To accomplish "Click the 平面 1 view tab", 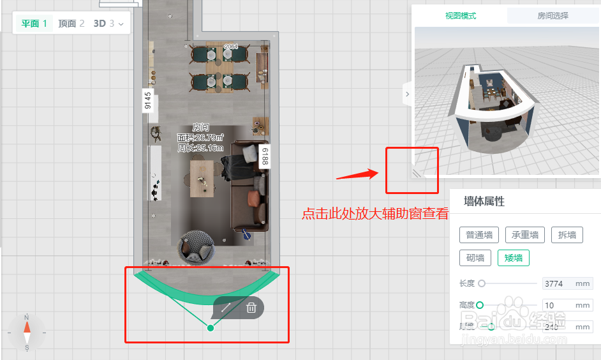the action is [x=34, y=24].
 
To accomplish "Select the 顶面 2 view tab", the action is [x=71, y=24].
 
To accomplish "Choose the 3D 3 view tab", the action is [x=105, y=24].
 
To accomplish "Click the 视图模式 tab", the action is [x=461, y=16].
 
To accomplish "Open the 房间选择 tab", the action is [x=553, y=16].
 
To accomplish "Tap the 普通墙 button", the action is [x=479, y=235].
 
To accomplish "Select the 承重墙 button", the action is [x=524, y=235].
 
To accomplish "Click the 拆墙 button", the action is [x=567, y=235].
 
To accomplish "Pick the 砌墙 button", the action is [x=475, y=258].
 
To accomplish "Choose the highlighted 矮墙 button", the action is [x=514, y=258].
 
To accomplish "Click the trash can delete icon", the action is [x=251, y=308].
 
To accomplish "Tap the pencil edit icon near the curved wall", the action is [x=225, y=308].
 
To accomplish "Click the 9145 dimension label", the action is [x=148, y=101].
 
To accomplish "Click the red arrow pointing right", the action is [x=357, y=173].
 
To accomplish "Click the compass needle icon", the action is [x=27, y=332].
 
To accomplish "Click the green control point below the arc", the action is [x=211, y=328].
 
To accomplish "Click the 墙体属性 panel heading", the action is [x=484, y=202].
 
